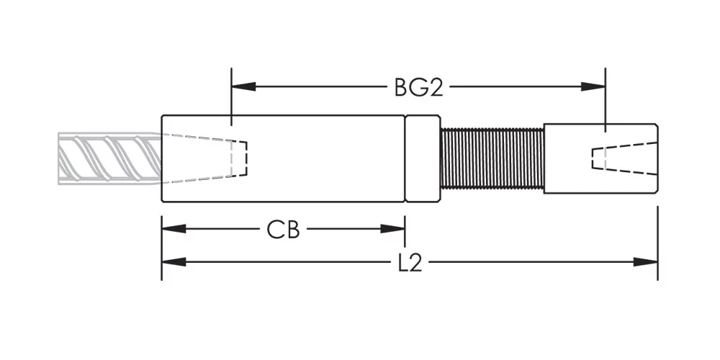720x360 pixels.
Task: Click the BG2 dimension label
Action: (x=418, y=87)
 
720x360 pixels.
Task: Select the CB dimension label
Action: (x=283, y=230)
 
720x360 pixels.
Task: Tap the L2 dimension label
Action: (x=410, y=262)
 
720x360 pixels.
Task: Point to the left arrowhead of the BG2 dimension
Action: (x=244, y=86)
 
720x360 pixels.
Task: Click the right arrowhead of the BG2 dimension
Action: (x=593, y=86)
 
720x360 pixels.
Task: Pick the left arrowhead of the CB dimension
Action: (x=174, y=229)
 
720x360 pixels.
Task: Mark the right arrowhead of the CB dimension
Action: (x=392, y=229)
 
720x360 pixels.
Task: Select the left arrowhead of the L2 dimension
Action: (x=174, y=262)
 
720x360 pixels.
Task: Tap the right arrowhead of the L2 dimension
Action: (x=645, y=262)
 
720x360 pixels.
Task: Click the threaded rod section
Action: (x=492, y=158)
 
